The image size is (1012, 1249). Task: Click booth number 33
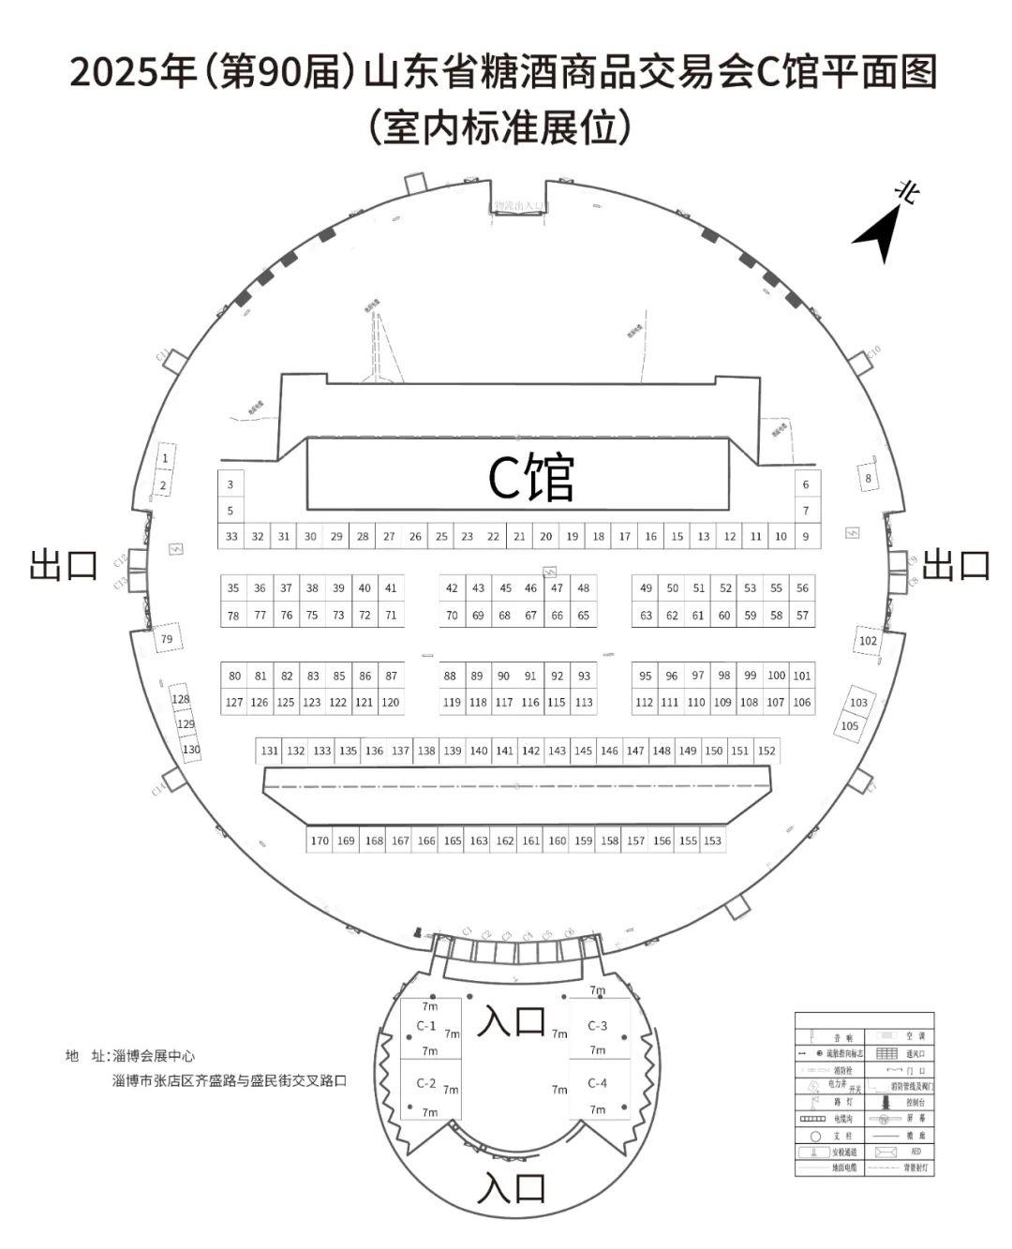232,537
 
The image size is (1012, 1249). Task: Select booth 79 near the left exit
167,640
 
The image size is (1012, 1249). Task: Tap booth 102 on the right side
868,641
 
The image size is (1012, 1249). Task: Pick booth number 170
320,840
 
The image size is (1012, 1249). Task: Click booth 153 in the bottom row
712,840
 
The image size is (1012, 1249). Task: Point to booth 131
270,751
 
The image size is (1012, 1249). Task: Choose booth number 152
766,751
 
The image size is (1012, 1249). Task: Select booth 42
453,588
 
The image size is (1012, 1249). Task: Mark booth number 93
584,676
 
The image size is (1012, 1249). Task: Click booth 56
802,588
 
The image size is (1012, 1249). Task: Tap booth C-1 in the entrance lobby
426,1026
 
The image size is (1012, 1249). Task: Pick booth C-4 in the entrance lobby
597,1083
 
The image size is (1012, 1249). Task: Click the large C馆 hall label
531,478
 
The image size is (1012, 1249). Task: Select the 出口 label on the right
956,565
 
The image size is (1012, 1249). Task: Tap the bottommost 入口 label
511,1188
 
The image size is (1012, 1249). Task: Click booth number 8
869,478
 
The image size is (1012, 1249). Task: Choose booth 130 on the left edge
191,750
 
